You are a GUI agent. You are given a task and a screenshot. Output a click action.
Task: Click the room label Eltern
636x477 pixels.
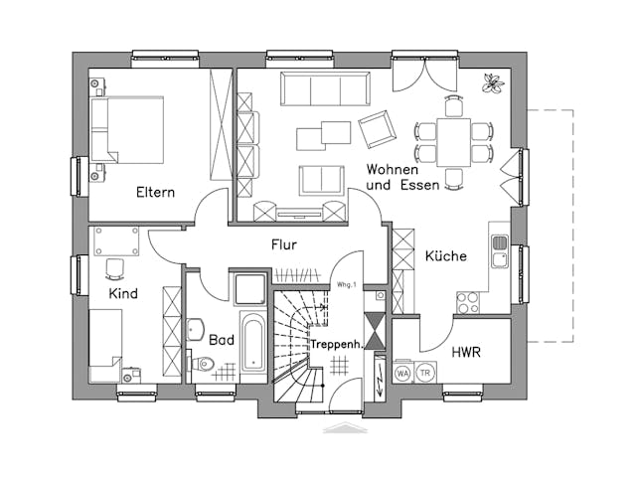156,192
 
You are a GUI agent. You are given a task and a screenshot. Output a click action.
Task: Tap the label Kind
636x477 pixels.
123,294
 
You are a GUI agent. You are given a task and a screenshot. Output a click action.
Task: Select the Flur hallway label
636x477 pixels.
284,243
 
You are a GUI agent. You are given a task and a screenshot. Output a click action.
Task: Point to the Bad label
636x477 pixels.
221,339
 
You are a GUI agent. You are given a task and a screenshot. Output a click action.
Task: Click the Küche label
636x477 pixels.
445,256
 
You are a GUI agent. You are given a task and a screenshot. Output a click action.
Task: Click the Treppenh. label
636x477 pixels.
334,344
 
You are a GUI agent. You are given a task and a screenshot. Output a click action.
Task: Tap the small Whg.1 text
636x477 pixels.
347,285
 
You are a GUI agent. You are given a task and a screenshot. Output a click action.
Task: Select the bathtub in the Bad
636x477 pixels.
253,348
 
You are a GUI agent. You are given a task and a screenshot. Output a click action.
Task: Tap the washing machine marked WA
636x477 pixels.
403,373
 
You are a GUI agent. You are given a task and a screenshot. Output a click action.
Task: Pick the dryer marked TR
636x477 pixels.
425,373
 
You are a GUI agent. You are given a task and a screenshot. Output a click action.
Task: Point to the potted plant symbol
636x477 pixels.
491,85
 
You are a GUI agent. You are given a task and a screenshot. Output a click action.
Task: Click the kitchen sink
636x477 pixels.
499,250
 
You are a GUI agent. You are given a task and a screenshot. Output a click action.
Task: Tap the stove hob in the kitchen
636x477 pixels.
468,301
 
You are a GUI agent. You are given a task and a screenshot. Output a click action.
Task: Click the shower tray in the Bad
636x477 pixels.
245,289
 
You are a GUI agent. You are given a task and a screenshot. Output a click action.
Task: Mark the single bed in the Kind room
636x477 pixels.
105,344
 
